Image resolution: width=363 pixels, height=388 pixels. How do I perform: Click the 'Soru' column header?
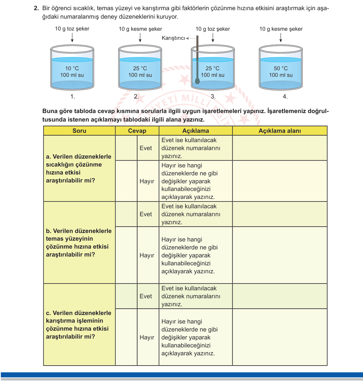[x=79, y=131]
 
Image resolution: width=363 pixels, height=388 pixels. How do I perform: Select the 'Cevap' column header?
[x=137, y=131]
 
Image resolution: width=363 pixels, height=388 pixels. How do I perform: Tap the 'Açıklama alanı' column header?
[x=280, y=131]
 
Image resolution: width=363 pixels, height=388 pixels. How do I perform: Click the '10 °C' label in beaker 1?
[x=72, y=68]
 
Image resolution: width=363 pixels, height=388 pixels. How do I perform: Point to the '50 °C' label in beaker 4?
[x=281, y=68]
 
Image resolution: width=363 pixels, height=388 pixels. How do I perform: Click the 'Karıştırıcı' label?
[x=173, y=38]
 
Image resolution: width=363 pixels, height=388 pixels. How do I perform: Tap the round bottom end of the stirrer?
[x=197, y=81]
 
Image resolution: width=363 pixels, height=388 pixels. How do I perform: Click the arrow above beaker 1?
[x=72, y=38]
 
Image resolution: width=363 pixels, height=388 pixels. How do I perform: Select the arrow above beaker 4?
[x=281, y=38]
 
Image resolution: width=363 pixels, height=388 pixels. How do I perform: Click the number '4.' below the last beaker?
[x=285, y=97]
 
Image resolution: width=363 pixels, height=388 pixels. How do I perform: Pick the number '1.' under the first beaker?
[x=73, y=97]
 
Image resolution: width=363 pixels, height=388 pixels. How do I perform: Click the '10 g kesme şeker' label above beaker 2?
[x=140, y=29]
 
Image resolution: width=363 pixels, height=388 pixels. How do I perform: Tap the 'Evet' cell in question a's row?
[x=146, y=148]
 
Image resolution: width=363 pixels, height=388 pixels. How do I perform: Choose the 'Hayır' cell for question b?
[x=147, y=255]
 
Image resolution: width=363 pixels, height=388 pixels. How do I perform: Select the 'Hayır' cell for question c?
[x=147, y=338]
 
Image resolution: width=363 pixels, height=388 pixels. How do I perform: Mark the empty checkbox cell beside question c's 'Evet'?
[x=126, y=296]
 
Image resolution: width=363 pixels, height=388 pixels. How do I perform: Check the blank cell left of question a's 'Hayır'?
[x=126, y=181]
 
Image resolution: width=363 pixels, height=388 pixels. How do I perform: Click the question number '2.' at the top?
[x=36, y=8]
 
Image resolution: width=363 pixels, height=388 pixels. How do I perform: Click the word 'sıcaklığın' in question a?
[x=60, y=165]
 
